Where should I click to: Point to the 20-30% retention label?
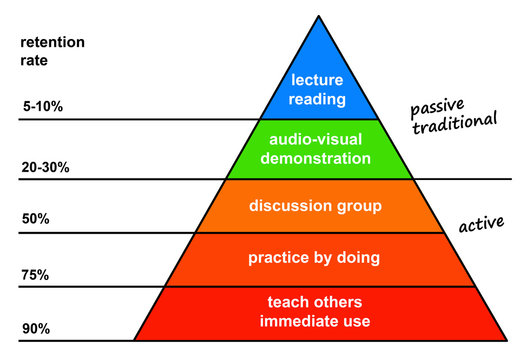pos(45,167)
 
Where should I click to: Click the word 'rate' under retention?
pos(33,59)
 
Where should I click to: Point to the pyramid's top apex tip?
pos(318,17)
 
